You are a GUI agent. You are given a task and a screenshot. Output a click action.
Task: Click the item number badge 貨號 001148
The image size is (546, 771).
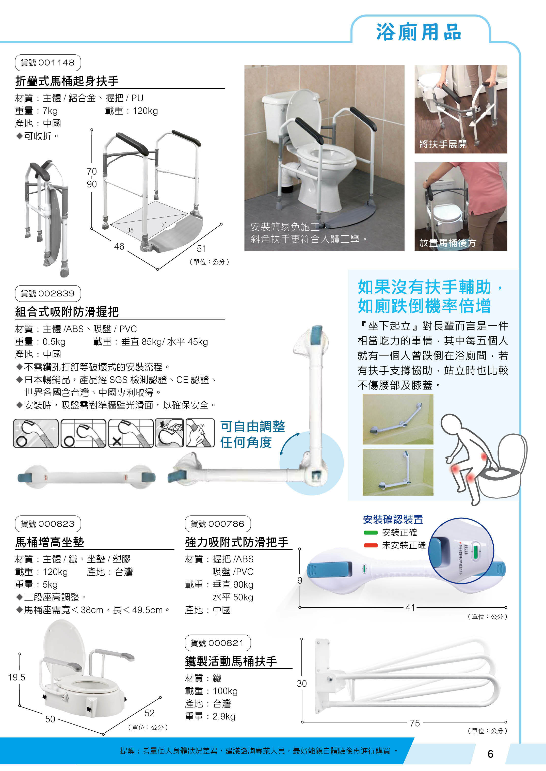48,62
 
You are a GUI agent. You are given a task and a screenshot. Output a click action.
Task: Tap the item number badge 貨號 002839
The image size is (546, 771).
48,293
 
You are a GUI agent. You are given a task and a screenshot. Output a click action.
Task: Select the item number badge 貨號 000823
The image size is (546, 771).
48,524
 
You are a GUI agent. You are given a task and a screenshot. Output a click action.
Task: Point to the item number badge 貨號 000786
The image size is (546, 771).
218,524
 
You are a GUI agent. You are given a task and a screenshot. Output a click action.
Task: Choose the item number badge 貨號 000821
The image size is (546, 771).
218,643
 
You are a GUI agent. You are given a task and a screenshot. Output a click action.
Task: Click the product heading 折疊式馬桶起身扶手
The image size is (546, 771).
67,81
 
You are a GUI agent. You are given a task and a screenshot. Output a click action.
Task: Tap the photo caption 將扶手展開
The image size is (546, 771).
443,144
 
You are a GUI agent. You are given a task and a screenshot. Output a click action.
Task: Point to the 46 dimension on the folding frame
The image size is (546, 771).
119,246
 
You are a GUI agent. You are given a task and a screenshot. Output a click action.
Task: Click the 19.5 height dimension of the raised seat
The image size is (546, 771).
17,677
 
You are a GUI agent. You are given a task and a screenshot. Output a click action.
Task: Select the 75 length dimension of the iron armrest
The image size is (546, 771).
414,723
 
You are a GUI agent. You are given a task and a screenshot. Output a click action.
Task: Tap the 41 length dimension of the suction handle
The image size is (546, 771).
410,607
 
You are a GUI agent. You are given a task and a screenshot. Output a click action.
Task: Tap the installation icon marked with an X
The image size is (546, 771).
131,433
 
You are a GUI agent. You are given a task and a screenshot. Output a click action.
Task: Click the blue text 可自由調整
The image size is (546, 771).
252,426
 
